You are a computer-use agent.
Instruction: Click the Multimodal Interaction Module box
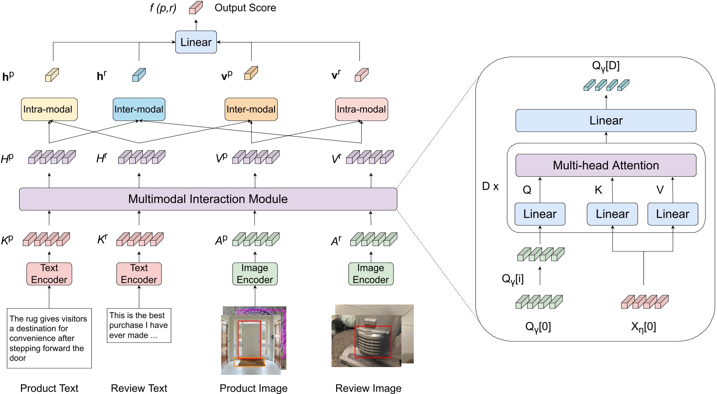pos(208,199)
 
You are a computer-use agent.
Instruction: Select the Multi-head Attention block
pos(606,165)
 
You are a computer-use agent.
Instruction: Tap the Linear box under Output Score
pos(196,42)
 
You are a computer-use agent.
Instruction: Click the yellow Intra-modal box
pos(49,110)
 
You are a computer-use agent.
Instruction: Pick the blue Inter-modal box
pos(139,110)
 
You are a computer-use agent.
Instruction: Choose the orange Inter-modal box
pos(251,110)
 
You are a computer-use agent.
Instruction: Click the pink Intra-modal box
pos(361,110)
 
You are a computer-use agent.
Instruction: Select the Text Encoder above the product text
pos(49,274)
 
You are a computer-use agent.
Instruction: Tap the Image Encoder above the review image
pos(370,274)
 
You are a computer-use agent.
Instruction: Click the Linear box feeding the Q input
pos(540,214)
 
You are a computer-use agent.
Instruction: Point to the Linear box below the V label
pos(672,214)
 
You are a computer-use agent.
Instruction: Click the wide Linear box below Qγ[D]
pos(606,121)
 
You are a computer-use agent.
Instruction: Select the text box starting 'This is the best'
pos(139,326)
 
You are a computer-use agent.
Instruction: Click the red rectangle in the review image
pos(373,341)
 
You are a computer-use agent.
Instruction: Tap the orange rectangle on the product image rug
pos(249,362)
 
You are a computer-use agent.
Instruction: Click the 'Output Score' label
pos(245,8)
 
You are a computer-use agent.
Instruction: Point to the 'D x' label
pos(490,186)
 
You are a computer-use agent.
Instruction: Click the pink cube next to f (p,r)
pos(196,8)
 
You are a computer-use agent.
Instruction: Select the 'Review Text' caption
pos(139,388)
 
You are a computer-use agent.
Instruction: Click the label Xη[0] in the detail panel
pos(643,327)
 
